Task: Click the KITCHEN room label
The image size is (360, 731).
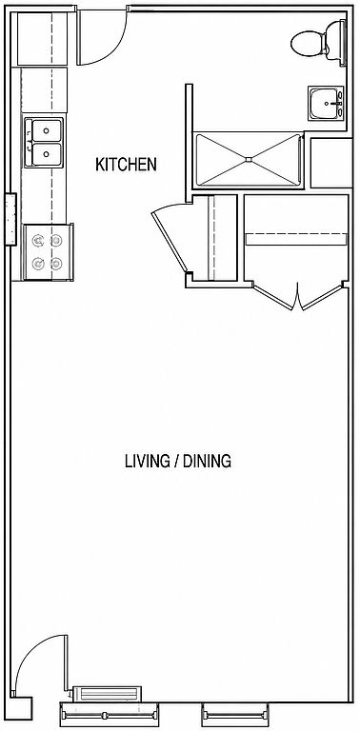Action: click(x=126, y=165)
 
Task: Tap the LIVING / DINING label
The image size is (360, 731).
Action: click(x=178, y=461)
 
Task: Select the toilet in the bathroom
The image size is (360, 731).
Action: click(x=318, y=41)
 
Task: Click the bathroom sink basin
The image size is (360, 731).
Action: click(x=326, y=103)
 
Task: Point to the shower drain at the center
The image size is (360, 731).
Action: click(x=249, y=160)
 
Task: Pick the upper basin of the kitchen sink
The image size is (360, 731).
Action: click(x=47, y=130)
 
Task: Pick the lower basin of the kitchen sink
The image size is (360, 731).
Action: click(x=47, y=153)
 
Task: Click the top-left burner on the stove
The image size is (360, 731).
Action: click(x=38, y=240)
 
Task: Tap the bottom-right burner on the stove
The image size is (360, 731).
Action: click(x=56, y=264)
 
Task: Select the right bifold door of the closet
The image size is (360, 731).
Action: click(x=323, y=296)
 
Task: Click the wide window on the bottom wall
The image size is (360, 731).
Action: click(x=110, y=714)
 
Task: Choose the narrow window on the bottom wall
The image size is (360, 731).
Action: click(x=235, y=714)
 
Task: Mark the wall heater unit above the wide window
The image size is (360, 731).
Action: click(x=107, y=694)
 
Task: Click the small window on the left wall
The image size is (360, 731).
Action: click(x=10, y=219)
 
